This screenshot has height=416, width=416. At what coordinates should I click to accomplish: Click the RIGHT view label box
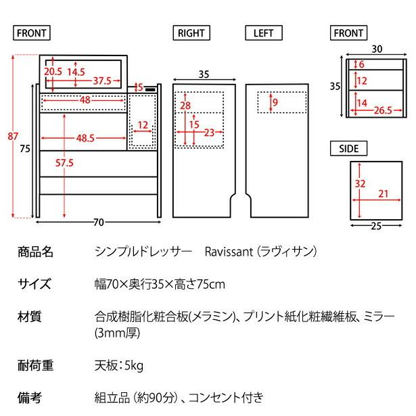click(x=191, y=32)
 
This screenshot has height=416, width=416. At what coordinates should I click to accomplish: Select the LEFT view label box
click(x=263, y=32)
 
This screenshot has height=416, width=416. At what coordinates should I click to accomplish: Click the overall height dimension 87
click(x=12, y=137)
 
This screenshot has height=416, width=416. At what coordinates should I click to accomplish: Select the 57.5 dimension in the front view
click(x=64, y=164)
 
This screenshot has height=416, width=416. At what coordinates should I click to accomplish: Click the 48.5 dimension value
click(x=85, y=138)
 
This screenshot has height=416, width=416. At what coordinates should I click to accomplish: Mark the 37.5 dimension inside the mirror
click(x=102, y=80)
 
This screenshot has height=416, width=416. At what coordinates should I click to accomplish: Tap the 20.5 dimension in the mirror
click(x=53, y=71)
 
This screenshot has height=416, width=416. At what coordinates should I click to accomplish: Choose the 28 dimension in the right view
click(x=185, y=105)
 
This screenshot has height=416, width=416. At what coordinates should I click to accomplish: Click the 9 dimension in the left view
click(x=276, y=102)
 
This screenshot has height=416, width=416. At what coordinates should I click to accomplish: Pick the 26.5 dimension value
click(x=384, y=111)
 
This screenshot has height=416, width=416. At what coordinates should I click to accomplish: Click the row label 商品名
click(x=35, y=252)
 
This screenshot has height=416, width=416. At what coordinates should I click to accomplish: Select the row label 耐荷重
click(x=35, y=366)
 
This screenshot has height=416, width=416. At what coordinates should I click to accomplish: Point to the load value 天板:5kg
click(x=118, y=366)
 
